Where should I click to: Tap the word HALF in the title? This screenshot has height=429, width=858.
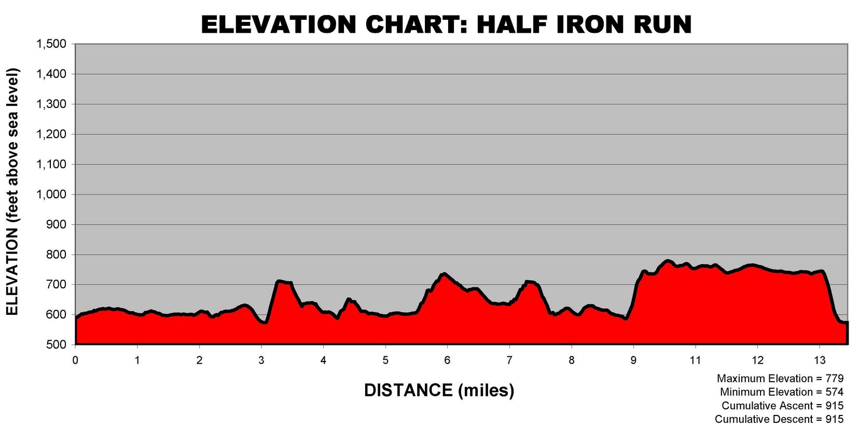click(511, 24)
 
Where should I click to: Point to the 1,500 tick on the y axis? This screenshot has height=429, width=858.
click(51, 44)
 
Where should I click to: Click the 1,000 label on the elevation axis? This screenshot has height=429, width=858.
click(51, 195)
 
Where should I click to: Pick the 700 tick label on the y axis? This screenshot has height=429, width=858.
click(57, 285)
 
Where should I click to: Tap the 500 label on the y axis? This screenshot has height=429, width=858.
click(57, 345)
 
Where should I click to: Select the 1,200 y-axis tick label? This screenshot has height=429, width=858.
click(51, 134)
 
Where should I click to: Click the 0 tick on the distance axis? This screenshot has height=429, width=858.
click(76, 360)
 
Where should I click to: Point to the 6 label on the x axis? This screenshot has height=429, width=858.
click(447, 360)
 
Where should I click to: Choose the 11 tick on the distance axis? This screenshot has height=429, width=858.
click(695, 360)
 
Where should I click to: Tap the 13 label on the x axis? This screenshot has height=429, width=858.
click(819, 360)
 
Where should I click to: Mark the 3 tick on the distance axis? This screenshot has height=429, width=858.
click(261, 360)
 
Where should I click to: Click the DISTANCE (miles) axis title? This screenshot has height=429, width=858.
click(439, 390)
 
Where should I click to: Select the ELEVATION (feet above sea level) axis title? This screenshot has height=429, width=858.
click(12, 192)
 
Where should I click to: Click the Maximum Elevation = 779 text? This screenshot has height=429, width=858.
click(780, 379)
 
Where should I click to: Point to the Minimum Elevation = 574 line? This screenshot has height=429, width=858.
click(781, 392)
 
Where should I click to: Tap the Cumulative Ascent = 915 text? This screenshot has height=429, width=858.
click(782, 406)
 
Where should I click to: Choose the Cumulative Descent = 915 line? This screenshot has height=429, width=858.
click(779, 419)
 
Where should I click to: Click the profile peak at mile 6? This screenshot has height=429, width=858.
click(444, 274)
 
